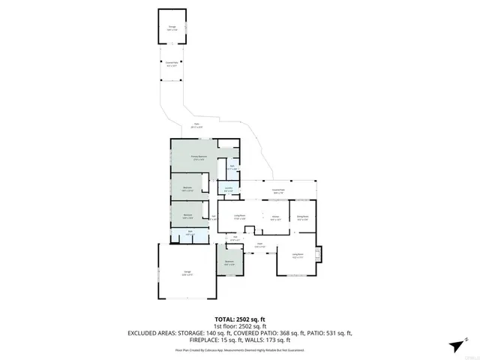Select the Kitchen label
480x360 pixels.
coord(274,218)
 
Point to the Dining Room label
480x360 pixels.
coord(302,217)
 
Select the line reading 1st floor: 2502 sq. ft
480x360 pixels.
coord(239,326)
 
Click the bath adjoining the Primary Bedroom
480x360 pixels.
coord(232,168)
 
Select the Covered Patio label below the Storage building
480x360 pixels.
coord(172,64)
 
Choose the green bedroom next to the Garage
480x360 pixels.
coord(230,263)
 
